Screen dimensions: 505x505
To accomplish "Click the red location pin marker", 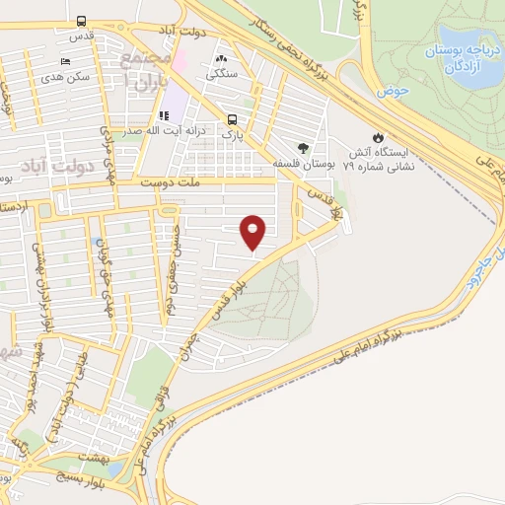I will (253, 232).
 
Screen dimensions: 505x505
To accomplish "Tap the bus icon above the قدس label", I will (79, 21).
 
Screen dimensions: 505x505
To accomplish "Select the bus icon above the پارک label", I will (228, 113).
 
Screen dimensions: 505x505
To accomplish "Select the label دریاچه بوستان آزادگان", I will (458, 56).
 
